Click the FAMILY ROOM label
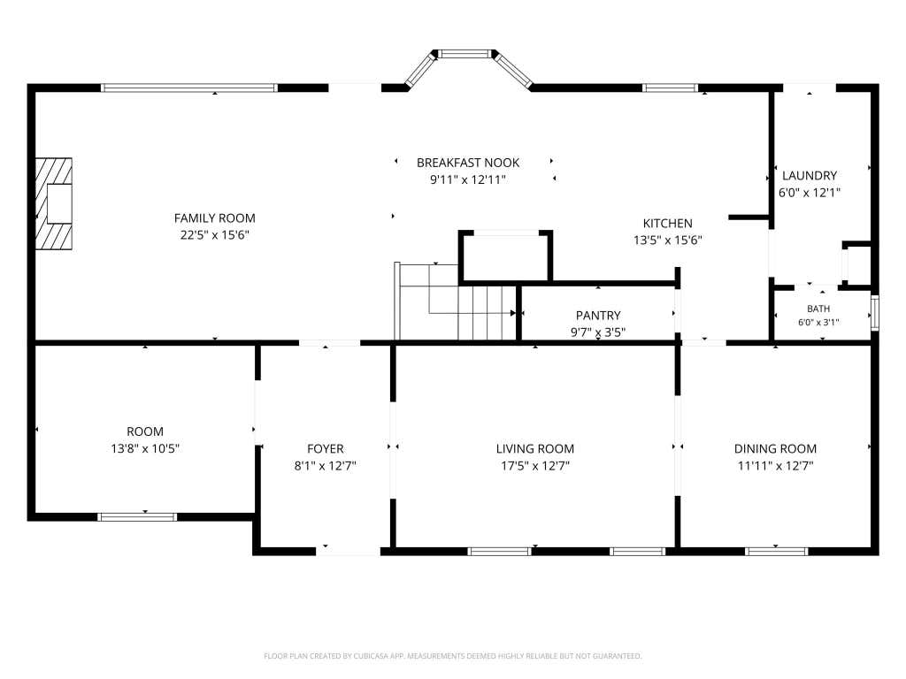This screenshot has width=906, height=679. point(214,218)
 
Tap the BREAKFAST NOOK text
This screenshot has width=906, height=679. point(468,163)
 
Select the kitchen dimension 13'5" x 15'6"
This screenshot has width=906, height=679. point(667,240)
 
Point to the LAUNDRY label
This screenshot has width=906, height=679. point(809,176)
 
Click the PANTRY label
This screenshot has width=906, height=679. point(598,316)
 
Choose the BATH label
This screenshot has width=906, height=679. point(818,309)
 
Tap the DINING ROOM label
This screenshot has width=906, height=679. point(775,448)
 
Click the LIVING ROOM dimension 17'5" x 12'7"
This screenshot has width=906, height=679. point(535,466)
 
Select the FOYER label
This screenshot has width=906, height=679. point(326,448)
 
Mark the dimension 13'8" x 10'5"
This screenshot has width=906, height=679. point(145,448)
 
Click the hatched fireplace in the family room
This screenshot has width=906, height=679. point(54,204)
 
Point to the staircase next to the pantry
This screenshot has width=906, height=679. point(456,301)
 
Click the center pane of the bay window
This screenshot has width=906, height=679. point(465,54)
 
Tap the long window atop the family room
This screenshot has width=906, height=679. point(189,88)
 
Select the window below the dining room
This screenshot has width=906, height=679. point(776,552)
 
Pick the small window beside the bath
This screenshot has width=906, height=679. point(875,313)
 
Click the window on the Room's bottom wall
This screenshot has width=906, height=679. point(137,516)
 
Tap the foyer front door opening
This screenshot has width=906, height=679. point(348,552)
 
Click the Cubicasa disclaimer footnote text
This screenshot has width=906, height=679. point(452,656)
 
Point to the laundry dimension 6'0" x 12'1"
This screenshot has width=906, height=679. point(809,193)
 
